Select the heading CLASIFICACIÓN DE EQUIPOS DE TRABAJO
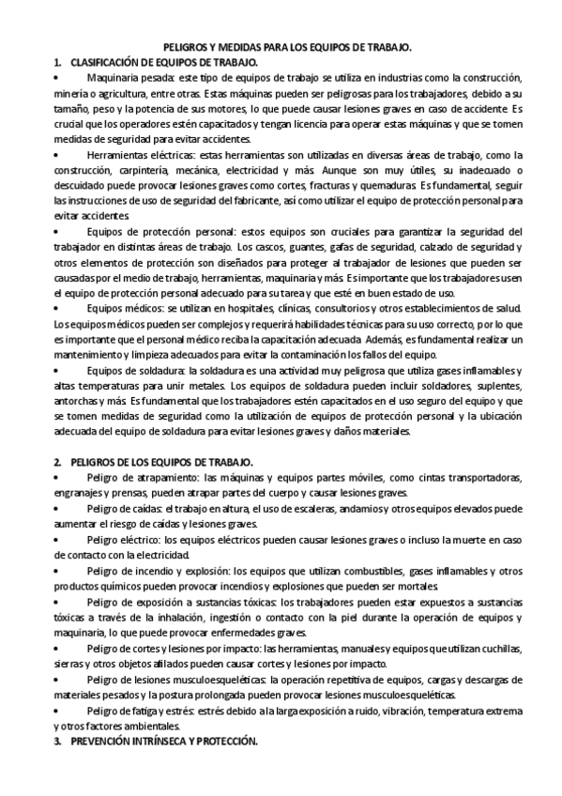(x=165, y=61)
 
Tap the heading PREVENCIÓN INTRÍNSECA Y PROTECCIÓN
(x=163, y=742)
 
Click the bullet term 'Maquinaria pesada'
(x=121, y=77)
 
